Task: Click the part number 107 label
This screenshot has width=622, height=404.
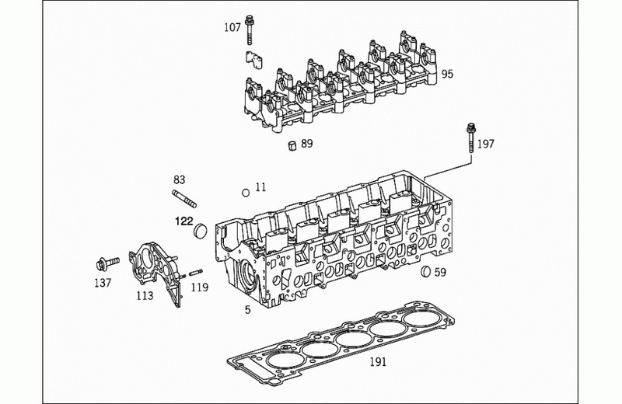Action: click(x=232, y=27)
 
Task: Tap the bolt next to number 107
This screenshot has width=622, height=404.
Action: click(x=250, y=30)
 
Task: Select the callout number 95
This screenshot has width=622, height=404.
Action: click(x=447, y=74)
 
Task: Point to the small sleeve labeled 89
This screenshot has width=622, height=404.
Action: click(x=292, y=145)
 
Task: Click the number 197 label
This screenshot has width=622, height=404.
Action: click(x=485, y=144)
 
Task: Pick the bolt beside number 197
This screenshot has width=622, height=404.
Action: click(x=471, y=138)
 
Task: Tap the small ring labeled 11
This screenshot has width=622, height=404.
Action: click(x=246, y=193)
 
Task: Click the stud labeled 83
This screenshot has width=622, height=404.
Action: click(x=184, y=199)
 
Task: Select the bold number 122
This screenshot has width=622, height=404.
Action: click(x=184, y=221)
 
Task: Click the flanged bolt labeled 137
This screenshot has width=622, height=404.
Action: click(x=108, y=263)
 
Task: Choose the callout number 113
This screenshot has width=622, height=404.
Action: click(x=145, y=296)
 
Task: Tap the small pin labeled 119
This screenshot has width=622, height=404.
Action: click(x=196, y=273)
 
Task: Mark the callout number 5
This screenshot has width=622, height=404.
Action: click(x=248, y=310)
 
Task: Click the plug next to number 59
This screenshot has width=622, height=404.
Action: click(x=426, y=271)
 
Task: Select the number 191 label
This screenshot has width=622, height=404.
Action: click(x=378, y=362)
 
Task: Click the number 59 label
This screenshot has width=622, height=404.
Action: click(x=440, y=273)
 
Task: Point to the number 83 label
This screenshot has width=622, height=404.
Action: click(x=180, y=180)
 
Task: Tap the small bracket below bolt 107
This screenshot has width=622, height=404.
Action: click(x=253, y=60)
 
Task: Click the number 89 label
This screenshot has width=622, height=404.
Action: click(x=306, y=144)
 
